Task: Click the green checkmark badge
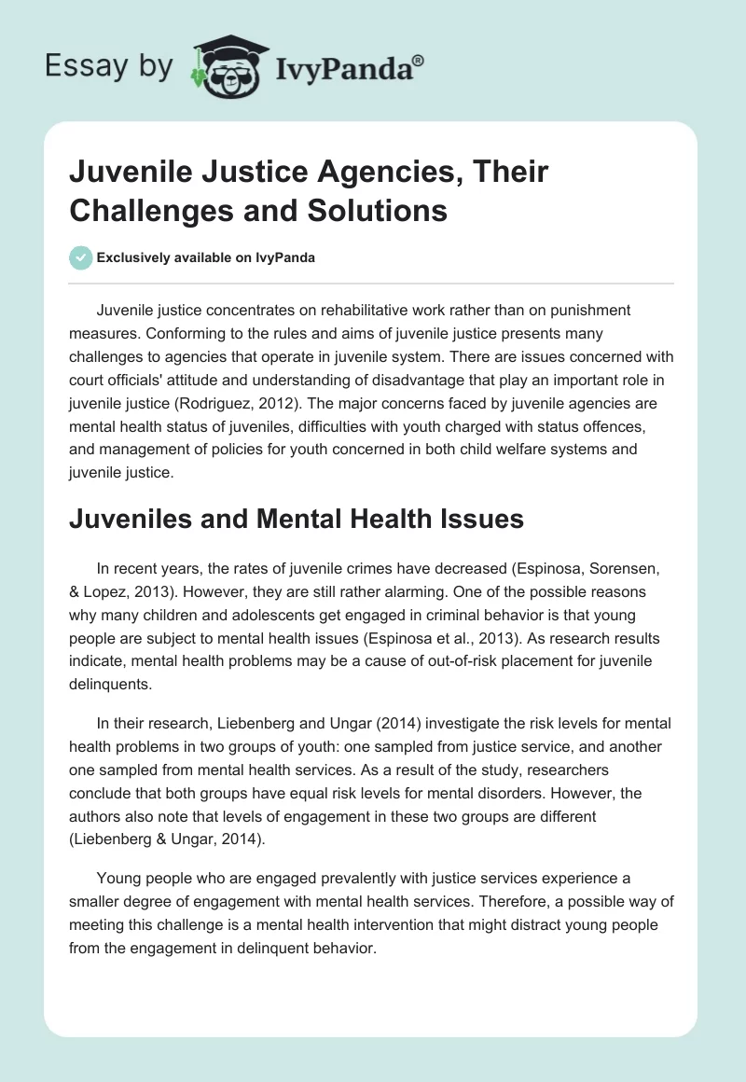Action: tap(81, 258)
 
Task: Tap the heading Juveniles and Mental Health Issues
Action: tap(297, 519)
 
